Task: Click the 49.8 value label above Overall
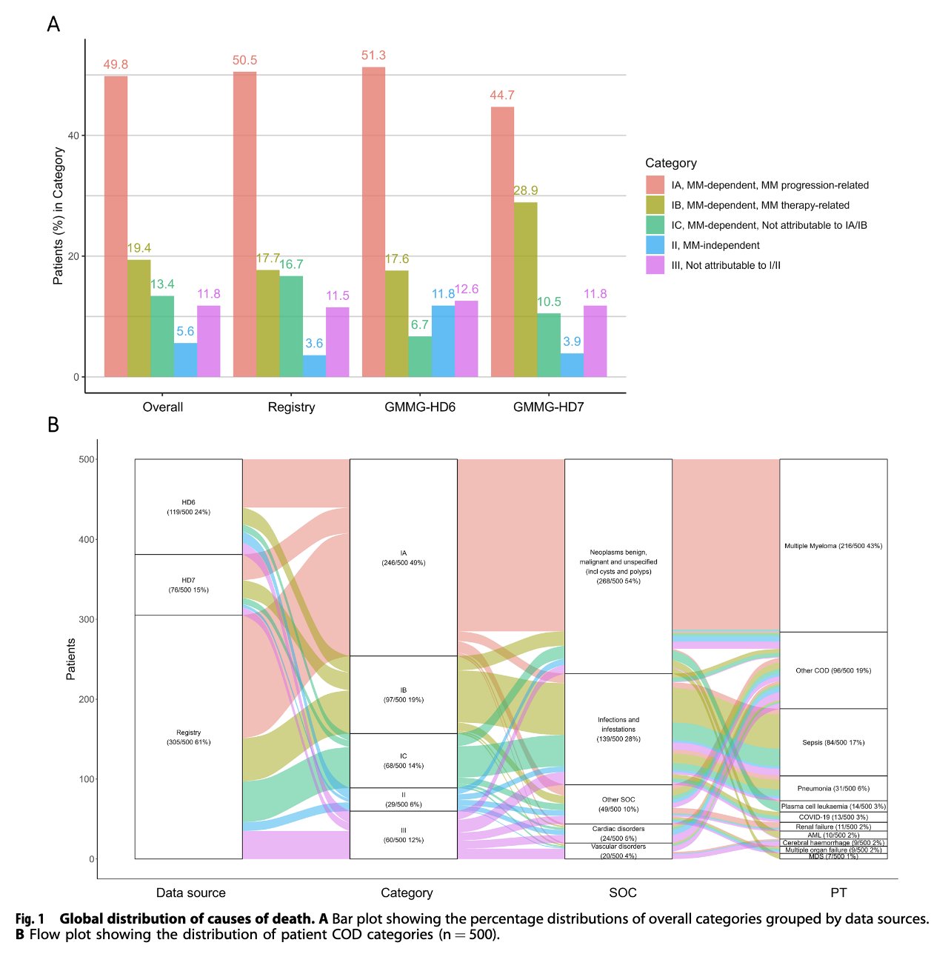click(x=116, y=64)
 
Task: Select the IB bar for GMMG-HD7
click(x=525, y=289)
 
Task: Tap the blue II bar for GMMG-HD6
click(x=443, y=341)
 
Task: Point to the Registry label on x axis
click(x=291, y=407)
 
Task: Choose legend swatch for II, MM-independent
click(x=655, y=245)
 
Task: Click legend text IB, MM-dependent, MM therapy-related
click(x=760, y=205)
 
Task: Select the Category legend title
click(x=670, y=163)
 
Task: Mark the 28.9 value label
click(x=525, y=190)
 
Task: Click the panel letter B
click(x=53, y=425)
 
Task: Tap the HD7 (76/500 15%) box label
click(x=188, y=585)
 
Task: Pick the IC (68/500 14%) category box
click(x=403, y=761)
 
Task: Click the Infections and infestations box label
click(x=618, y=729)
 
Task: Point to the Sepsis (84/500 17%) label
click(x=833, y=742)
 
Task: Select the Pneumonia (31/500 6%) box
click(x=833, y=788)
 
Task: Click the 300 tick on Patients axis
click(x=87, y=619)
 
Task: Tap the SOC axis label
click(x=622, y=893)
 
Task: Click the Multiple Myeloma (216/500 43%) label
click(x=833, y=546)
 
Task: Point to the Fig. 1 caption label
click(x=30, y=918)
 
